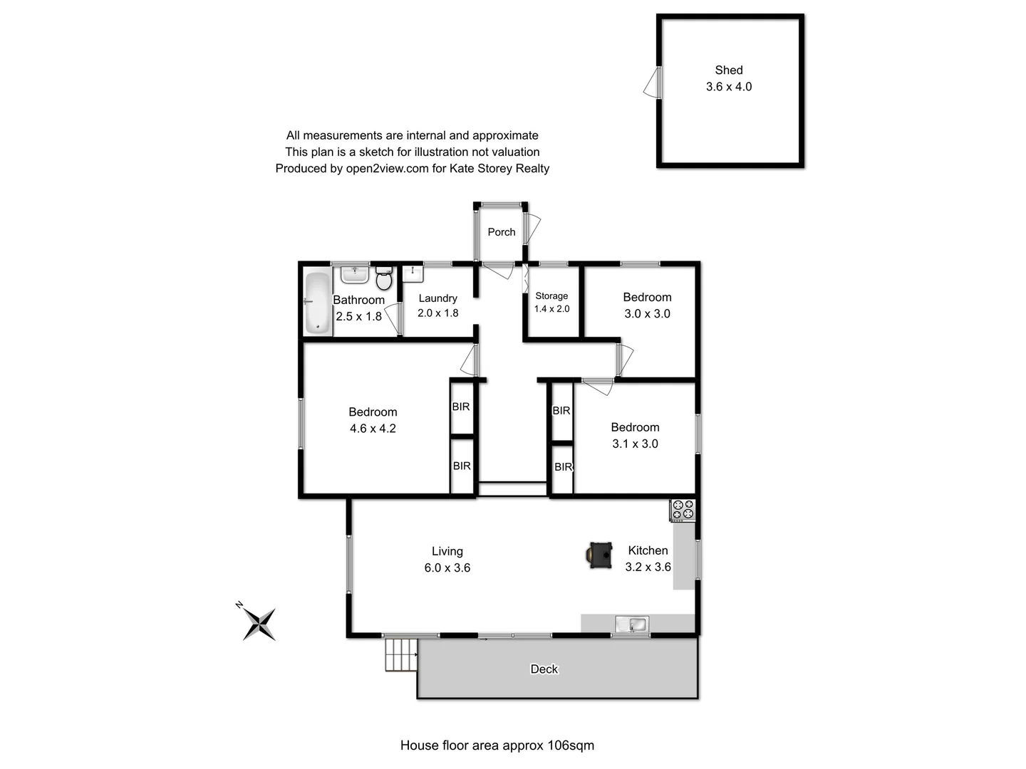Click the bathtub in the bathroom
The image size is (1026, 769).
pos(318,303)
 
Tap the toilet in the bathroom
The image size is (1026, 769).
pos(384,279)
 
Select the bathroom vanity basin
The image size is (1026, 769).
pos(354,274)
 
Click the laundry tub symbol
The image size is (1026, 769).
pos(413,273)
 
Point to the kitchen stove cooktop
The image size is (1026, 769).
pos(683,510)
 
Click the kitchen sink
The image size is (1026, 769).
pos(632,624)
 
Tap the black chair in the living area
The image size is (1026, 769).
pos(600,555)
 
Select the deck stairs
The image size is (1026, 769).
pos(401,654)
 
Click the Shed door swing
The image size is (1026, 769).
pos(652,83)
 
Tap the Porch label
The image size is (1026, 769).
pos(502,232)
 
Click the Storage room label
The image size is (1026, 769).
pos(551,295)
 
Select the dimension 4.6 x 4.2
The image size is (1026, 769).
pos(373,429)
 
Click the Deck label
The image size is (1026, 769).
pos(544,669)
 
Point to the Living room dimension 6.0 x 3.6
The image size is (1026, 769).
pos(447,568)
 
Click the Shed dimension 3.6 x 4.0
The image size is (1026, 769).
pos(729,87)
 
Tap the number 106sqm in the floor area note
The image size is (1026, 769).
pos(570,746)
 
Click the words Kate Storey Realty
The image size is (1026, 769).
pos(499,169)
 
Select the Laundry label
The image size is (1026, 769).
pos(437,298)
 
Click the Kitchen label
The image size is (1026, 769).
pos(648,550)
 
